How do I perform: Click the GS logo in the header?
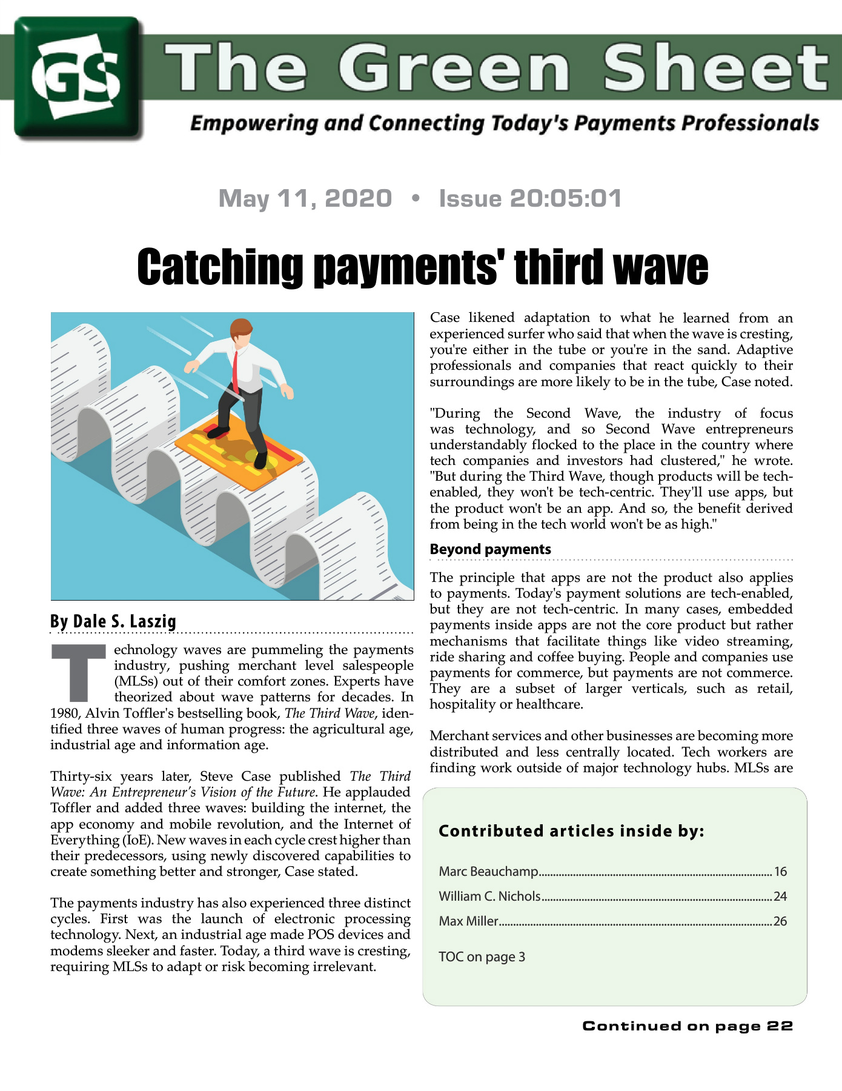pos(78,78)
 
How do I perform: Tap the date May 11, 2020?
pos(305,198)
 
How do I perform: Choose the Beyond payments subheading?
pos(490,549)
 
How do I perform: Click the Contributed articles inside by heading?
pos(571,831)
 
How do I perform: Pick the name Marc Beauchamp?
pos(488,872)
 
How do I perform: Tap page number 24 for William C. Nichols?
pos(780,896)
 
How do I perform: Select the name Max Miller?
pos(468,921)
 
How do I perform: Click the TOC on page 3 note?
pos(482,957)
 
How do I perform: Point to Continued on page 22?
pos(687,1026)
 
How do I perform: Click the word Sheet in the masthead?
pos(716,68)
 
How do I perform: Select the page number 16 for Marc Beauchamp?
pos(780,872)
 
